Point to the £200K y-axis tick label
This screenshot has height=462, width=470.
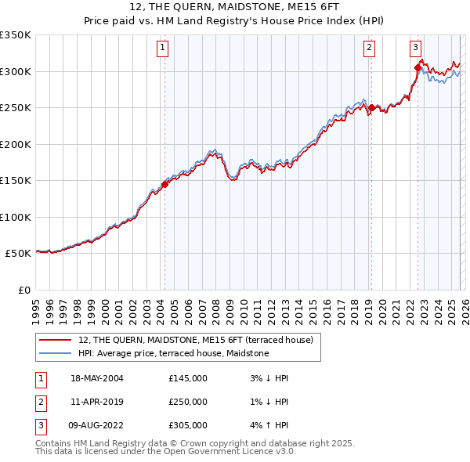(16, 144)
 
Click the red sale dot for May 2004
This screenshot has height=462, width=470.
(164, 185)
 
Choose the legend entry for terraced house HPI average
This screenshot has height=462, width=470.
(173, 353)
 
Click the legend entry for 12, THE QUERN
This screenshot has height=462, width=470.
(195, 340)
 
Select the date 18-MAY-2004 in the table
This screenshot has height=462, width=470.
(97, 378)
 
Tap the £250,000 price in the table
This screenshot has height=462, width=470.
(188, 402)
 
